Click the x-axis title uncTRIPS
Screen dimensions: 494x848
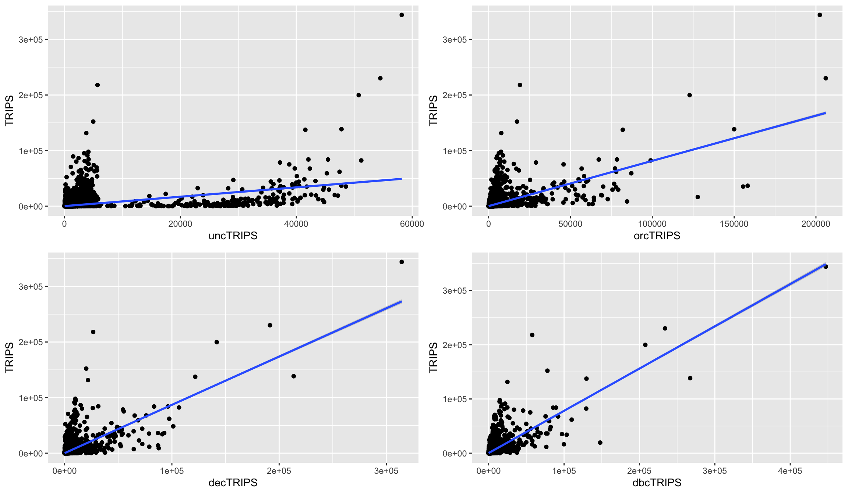pos(233,236)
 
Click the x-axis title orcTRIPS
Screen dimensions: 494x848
pos(657,236)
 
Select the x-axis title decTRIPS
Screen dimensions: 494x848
pos(233,483)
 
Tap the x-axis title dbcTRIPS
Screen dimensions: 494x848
pos(657,483)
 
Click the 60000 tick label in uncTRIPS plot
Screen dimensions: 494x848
pos(412,224)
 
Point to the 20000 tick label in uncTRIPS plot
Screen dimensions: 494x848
pos(180,224)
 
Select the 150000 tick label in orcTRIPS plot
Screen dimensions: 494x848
pos(734,224)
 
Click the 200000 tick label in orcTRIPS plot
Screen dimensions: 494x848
pos(816,224)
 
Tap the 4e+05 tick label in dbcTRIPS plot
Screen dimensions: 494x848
pos(790,471)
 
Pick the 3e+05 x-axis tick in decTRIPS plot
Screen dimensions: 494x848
pos(386,471)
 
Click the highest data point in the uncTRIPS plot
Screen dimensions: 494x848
pos(402,15)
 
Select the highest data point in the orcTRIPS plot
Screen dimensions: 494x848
pos(820,15)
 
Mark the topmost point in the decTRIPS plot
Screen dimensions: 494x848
pos(402,262)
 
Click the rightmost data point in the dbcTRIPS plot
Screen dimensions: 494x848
pos(826,266)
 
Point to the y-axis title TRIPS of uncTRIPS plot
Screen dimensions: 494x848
pos(10,110)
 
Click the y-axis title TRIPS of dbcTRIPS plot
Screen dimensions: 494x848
pos(434,357)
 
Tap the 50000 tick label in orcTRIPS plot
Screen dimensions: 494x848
pos(570,224)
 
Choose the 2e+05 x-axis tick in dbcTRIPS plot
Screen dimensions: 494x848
pos(639,471)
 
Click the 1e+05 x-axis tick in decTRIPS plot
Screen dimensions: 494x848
pos(172,471)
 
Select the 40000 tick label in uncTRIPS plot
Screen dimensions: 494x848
pos(296,224)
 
